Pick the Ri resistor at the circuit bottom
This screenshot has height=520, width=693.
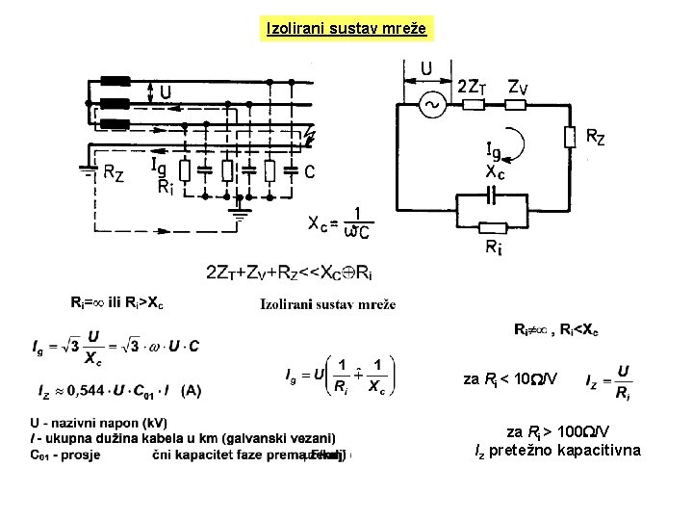[492, 228]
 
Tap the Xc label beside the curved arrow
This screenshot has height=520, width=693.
[497, 173]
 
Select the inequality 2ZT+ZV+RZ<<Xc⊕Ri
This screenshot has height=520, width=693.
[289, 272]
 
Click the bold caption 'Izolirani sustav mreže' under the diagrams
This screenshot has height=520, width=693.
[327, 304]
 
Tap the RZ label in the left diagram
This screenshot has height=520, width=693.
[114, 174]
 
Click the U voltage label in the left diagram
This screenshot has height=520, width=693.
[167, 92]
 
